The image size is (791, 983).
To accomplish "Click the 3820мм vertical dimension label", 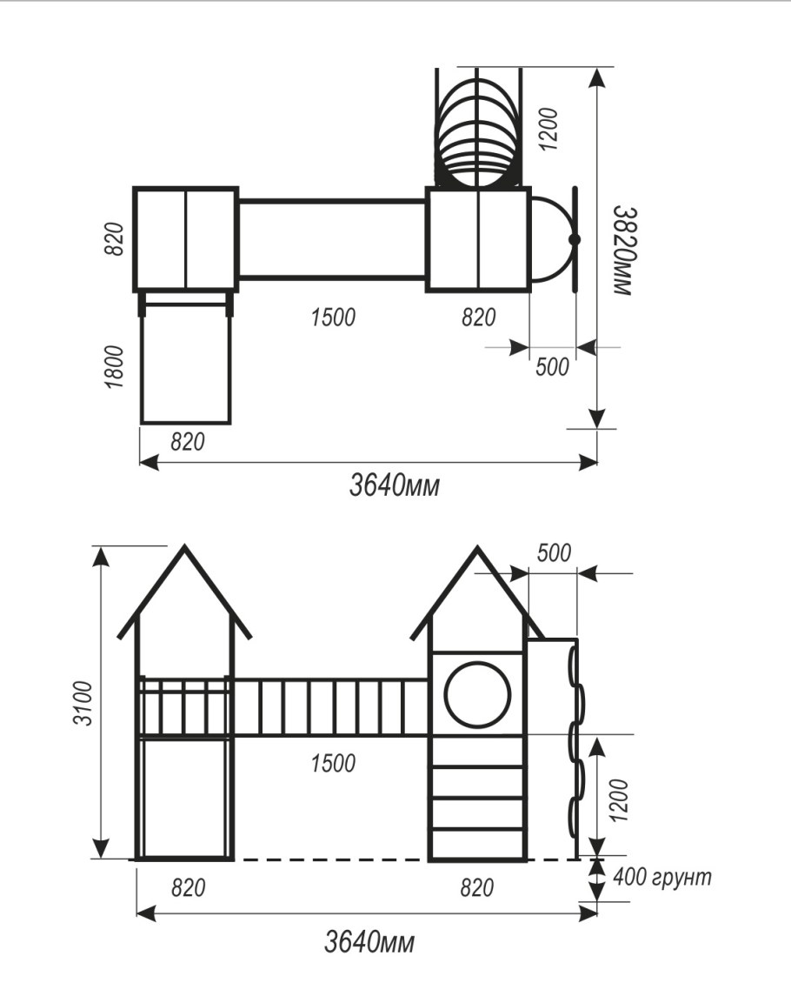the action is pos(623,251).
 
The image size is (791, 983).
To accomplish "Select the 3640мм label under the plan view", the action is pos(395,486).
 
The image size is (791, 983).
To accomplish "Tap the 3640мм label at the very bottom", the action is pos(369,942).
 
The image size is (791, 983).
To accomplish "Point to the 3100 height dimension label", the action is pos(83,703).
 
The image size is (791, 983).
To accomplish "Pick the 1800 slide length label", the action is pos(116,367).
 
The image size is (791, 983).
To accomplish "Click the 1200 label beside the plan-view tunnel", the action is pos(548,129).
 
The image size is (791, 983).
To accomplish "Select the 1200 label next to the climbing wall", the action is pos(617,800).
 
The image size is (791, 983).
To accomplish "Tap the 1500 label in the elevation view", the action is pos(333,763).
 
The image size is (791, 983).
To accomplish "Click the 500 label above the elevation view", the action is pos(555,553).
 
